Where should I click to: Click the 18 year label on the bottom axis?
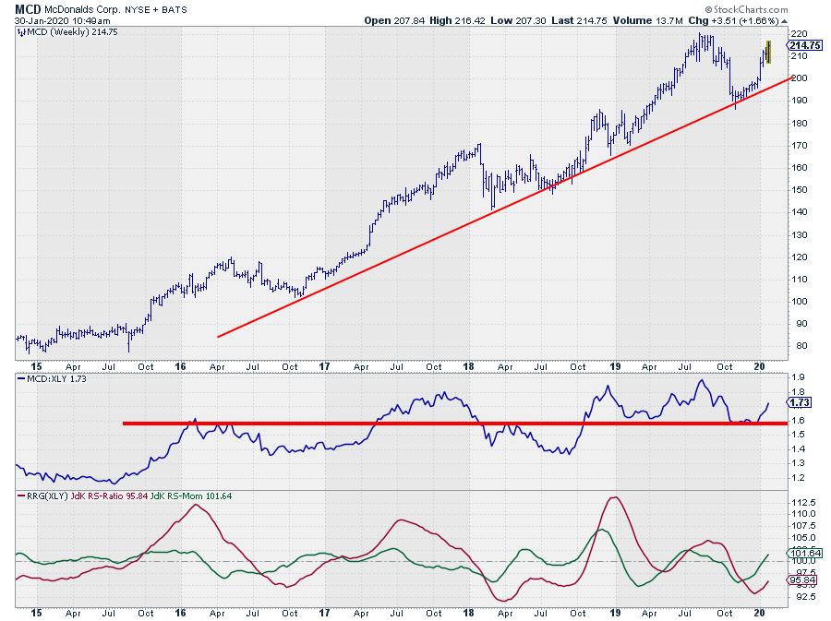[x=468, y=612]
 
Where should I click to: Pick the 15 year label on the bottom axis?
[x=35, y=612]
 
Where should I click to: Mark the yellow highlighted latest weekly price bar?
[x=768, y=53]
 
